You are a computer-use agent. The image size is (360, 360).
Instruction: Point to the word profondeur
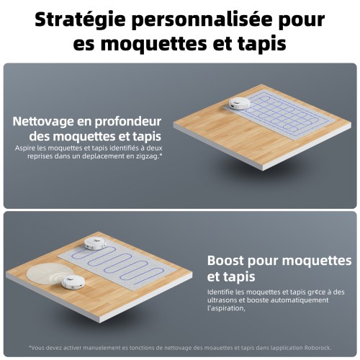click(128, 122)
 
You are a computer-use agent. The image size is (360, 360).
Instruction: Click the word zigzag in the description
click(149, 156)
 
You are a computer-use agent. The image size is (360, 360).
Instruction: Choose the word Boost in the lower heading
click(225, 261)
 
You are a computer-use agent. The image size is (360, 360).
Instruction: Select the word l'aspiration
click(226, 308)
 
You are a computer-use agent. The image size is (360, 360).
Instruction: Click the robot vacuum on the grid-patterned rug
click(239, 104)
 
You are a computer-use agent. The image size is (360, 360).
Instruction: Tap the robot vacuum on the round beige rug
click(73, 282)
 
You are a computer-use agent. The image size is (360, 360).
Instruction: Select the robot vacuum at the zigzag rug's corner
click(95, 243)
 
